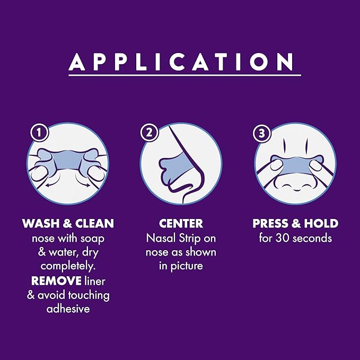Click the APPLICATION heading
tap(181, 62)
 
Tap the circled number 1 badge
tap(39, 133)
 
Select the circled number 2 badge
tap(149, 133)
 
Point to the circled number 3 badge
tap(262, 133)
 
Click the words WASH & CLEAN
tap(68, 223)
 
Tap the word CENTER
tap(181, 223)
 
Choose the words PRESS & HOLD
tap(295, 223)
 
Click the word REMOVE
tap(56, 280)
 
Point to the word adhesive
tap(68, 309)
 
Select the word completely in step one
tap(68, 266)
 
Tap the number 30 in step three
tap(283, 238)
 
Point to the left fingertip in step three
tap(276, 165)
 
